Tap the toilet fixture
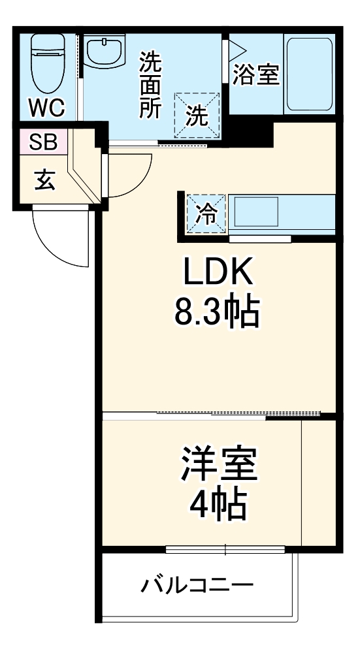(x=47, y=62)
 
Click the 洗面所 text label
(x=150, y=85)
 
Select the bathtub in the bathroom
(x=309, y=72)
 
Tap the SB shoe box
(x=42, y=141)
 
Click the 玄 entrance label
(x=44, y=180)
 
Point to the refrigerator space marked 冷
(x=205, y=213)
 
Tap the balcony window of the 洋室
(x=225, y=549)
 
